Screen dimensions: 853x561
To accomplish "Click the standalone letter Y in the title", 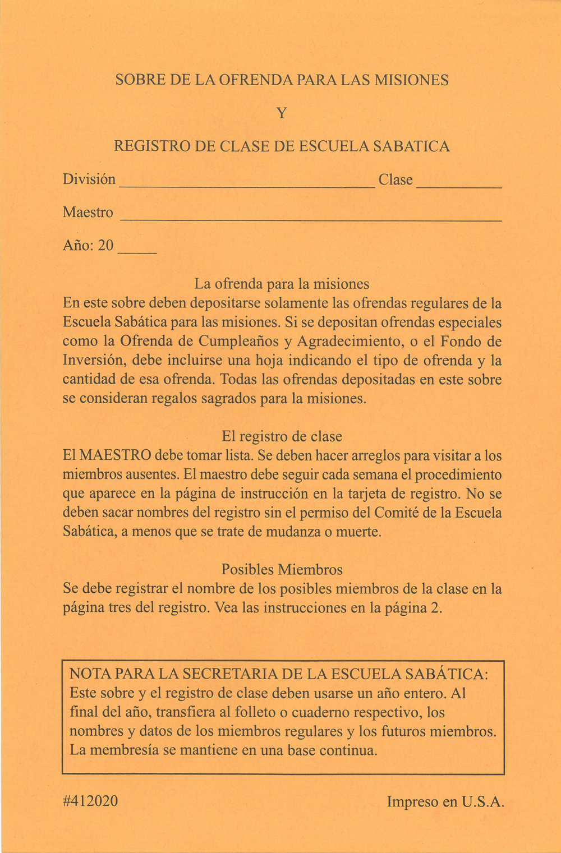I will pos(282,113).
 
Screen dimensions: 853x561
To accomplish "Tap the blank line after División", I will pos(247,185).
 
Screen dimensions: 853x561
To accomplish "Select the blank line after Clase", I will pos(459,185).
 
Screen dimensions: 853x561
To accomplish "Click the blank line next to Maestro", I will pos(311,219).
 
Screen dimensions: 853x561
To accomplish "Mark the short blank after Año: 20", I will pos(137,252).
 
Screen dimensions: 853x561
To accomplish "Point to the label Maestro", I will pos(88,213).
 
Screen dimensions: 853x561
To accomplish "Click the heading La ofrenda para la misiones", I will pos(282,284).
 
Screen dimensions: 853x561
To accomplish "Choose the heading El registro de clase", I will pos(282,436).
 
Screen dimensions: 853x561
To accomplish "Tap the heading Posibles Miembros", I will pos(282,570).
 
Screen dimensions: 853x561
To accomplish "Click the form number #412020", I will pos(90,801).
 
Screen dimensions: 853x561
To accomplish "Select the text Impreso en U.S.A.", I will pos(445,802).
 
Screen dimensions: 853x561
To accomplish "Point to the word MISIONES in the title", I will pos(411,80).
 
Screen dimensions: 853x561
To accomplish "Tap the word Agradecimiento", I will pos(344,342).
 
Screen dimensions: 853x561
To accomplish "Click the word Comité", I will pos(399,513).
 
